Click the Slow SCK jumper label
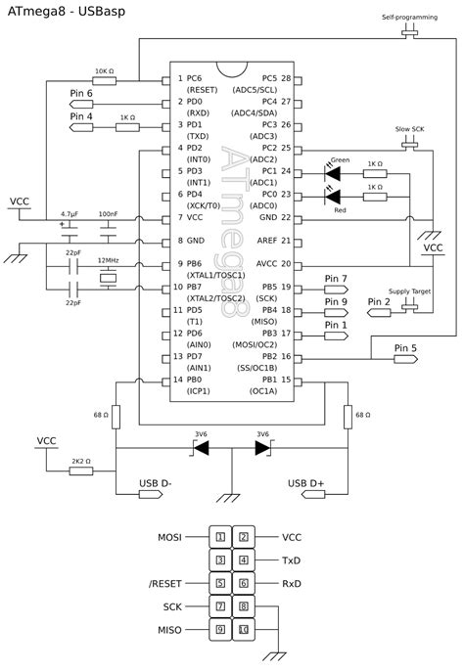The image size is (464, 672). (x=409, y=129)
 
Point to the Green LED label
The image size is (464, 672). (x=340, y=159)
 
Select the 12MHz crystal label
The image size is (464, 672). (x=108, y=261)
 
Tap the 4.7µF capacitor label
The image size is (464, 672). (x=69, y=213)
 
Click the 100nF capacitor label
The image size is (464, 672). (x=108, y=213)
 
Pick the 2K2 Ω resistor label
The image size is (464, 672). (x=80, y=459)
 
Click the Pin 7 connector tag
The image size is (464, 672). (x=336, y=279)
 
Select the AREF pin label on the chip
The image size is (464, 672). (x=266, y=240)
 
